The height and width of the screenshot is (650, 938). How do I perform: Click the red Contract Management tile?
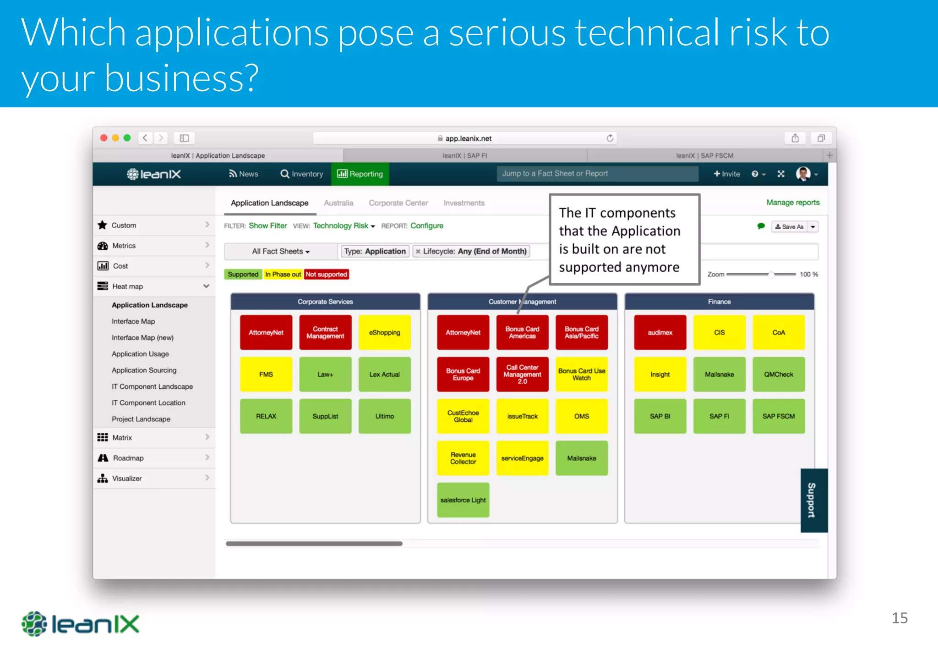click(x=325, y=332)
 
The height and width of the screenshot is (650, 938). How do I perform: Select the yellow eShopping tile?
click(x=384, y=332)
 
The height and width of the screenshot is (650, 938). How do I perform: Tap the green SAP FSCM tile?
click(x=778, y=416)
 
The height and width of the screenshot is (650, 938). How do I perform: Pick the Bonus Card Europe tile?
click(x=463, y=374)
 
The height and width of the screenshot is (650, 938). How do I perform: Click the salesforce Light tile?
click(x=463, y=500)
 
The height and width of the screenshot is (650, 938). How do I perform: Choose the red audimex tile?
click(x=660, y=332)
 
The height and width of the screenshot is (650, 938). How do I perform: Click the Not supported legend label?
click(x=326, y=274)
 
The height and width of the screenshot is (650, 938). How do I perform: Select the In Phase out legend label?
click(x=283, y=274)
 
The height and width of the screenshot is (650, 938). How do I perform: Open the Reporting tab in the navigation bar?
click(x=360, y=174)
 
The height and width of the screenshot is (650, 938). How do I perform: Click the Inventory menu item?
click(x=302, y=174)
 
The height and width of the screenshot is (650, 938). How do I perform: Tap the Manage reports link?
click(x=792, y=202)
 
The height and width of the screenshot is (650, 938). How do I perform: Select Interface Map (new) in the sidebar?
click(x=142, y=337)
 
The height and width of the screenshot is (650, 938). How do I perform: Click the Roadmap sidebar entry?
click(x=128, y=458)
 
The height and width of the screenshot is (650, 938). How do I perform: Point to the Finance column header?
click(x=719, y=302)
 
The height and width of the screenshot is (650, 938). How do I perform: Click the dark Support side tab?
click(x=813, y=500)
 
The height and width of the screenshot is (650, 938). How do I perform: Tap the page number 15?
click(x=899, y=618)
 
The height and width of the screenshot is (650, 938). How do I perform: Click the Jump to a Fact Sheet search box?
click(x=597, y=174)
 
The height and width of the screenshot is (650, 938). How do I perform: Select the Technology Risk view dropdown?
click(x=344, y=226)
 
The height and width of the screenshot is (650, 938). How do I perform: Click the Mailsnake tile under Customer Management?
click(x=581, y=458)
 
